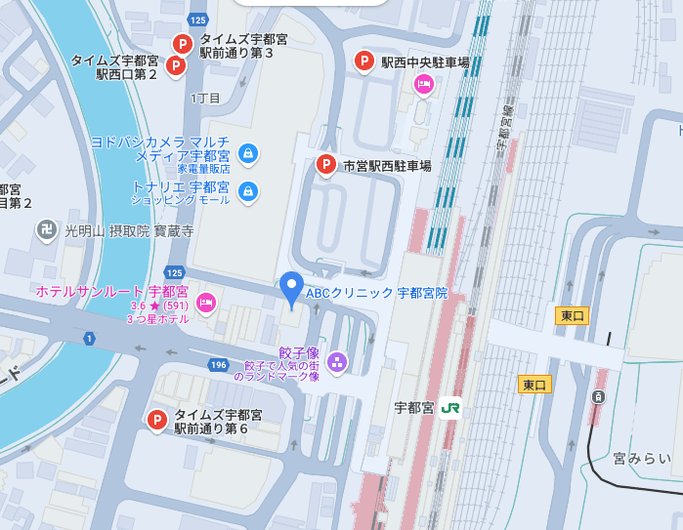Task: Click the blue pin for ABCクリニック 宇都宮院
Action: click(x=291, y=288)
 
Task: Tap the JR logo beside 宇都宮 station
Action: click(x=449, y=408)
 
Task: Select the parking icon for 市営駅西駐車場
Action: click(x=326, y=165)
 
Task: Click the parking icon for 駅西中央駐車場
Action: click(x=363, y=61)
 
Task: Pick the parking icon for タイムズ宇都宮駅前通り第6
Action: click(x=156, y=420)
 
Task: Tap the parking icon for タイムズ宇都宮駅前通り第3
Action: click(x=182, y=44)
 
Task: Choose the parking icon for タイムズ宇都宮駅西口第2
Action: click(x=175, y=65)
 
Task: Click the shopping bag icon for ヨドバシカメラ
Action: click(x=248, y=152)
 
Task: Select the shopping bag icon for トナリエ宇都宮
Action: click(x=248, y=190)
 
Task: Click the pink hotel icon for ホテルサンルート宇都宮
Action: click(x=205, y=304)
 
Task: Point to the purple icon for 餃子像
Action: click(x=337, y=362)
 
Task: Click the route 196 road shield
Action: click(x=217, y=364)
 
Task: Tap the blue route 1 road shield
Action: click(x=90, y=339)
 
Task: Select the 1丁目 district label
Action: click(x=205, y=98)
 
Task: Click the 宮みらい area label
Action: click(x=642, y=458)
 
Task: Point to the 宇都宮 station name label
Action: click(x=413, y=408)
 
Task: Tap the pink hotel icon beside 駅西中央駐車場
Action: click(x=423, y=85)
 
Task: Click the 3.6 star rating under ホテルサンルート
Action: click(x=159, y=306)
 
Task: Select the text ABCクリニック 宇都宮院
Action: click(x=376, y=293)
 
